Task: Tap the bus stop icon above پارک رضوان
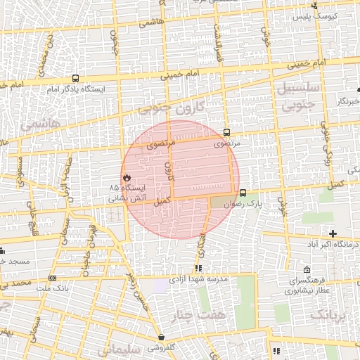[x=243, y=193]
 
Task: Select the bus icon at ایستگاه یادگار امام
[x=75, y=79]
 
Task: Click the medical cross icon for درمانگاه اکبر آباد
[x=333, y=233]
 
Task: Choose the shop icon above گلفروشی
[x=162, y=337]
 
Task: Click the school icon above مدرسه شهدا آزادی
[x=199, y=268]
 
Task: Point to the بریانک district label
[x=329, y=314]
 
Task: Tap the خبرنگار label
[x=347, y=102]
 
